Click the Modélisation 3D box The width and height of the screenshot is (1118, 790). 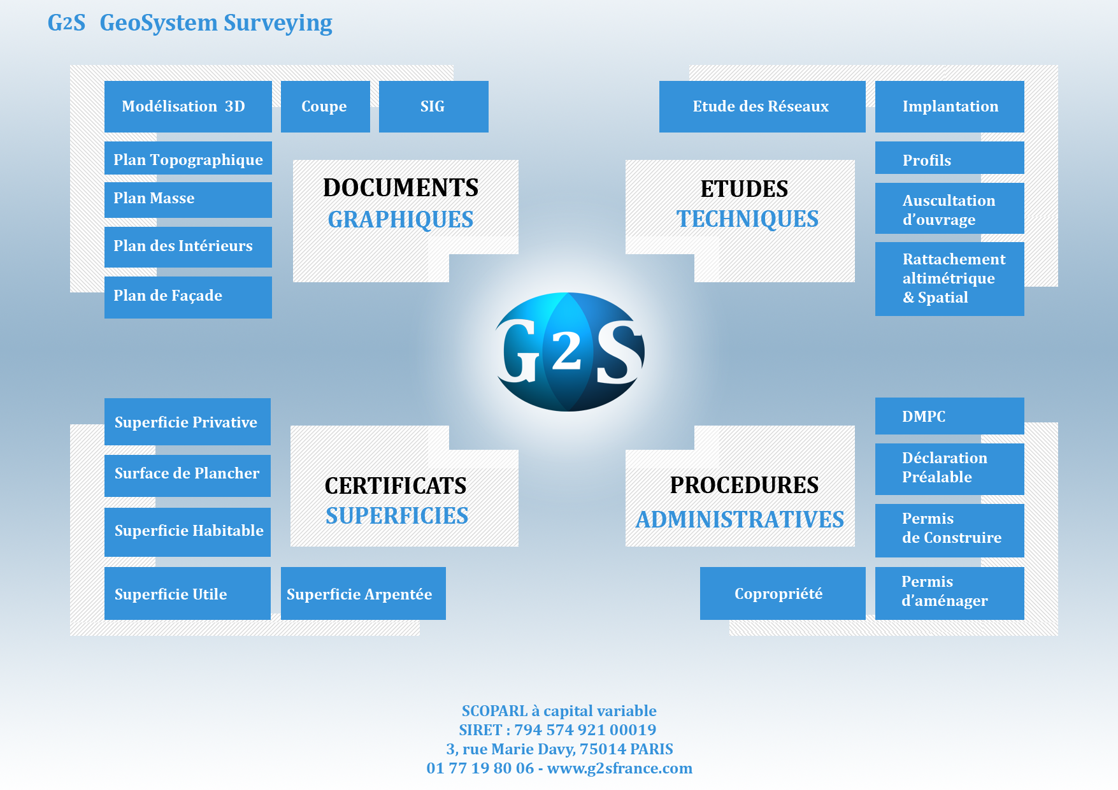(x=188, y=106)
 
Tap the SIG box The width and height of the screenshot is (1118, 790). (x=433, y=106)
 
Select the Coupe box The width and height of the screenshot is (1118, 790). (x=325, y=106)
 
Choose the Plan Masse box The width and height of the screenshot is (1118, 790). (x=188, y=199)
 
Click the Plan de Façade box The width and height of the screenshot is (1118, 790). (x=188, y=297)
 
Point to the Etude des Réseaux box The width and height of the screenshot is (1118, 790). (x=762, y=106)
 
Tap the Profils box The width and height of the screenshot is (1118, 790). (x=949, y=158)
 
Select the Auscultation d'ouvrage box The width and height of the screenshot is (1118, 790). (x=949, y=209)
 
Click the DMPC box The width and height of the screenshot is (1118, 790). (x=949, y=416)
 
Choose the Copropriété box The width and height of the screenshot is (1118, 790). (x=782, y=593)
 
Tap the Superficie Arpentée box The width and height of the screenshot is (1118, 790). (x=363, y=593)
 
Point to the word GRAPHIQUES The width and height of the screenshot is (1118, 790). (x=401, y=220)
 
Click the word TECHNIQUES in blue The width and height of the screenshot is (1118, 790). (x=747, y=219)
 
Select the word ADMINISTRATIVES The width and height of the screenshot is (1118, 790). (x=740, y=520)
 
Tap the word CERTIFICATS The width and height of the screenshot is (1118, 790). (x=396, y=486)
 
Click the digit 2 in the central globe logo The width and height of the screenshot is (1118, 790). (x=566, y=352)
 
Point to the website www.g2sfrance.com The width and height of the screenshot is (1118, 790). (x=619, y=768)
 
